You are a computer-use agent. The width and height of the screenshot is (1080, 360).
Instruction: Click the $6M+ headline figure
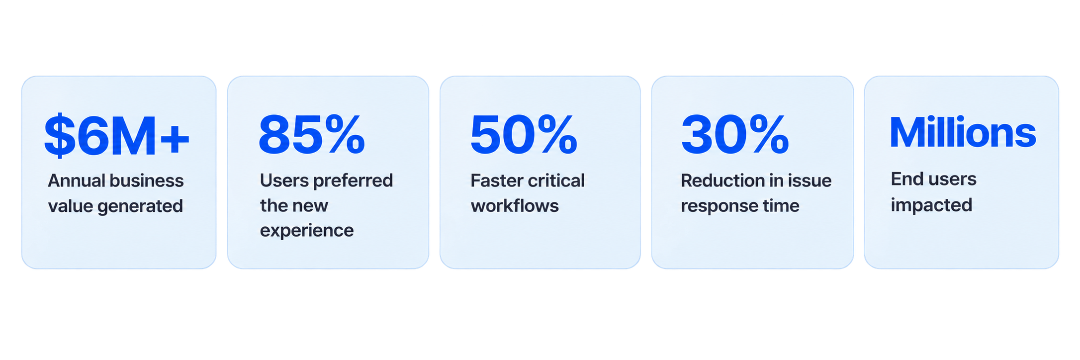(117, 135)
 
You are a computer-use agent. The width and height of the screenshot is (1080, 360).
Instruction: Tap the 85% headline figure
(312, 134)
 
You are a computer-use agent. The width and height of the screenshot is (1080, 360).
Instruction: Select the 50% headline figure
(524, 134)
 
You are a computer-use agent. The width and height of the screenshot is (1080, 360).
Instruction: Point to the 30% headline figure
(735, 134)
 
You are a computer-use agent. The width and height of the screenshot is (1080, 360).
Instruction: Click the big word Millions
(963, 133)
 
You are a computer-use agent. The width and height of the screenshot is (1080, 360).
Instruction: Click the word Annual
(76, 180)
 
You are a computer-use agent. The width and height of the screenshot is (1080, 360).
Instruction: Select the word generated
(140, 206)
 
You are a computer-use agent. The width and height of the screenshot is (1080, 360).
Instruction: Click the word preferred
(353, 180)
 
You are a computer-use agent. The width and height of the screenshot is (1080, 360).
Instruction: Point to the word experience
(307, 231)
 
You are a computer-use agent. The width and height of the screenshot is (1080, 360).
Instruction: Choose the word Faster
(496, 180)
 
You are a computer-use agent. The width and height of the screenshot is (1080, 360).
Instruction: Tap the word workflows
(515, 206)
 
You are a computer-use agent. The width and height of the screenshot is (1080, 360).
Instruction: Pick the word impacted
(931, 205)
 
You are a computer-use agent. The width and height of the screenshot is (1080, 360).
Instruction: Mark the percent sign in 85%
(344, 134)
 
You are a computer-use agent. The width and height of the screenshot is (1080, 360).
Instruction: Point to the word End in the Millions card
(906, 179)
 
